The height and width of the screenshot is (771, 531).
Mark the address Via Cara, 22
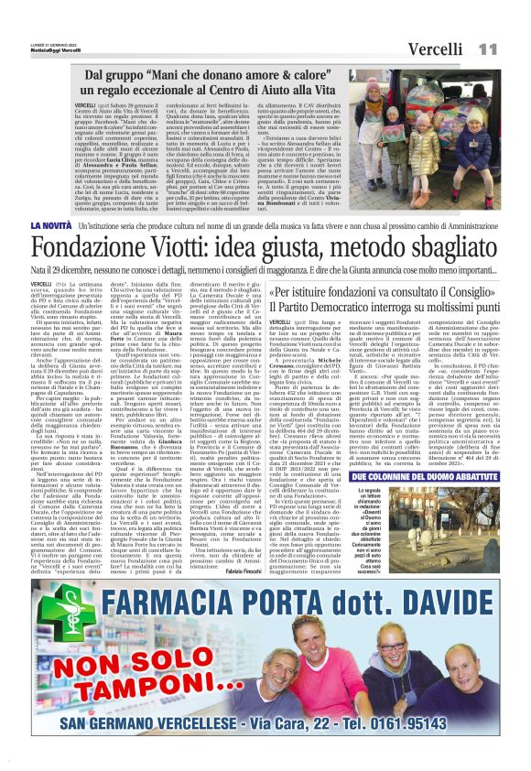(308, 727)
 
